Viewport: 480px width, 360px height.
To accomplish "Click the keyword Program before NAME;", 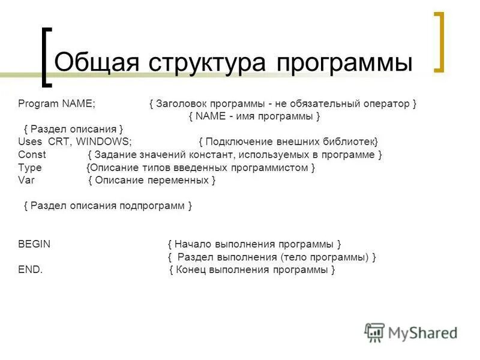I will coord(38,104).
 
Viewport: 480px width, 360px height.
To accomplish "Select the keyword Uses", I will coord(30,142).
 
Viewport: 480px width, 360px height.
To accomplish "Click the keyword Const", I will coord(32,154).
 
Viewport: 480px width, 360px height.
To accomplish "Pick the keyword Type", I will coord(30,167).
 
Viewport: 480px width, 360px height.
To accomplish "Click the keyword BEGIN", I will coord(34,244).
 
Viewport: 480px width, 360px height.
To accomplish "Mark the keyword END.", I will coord(31,270).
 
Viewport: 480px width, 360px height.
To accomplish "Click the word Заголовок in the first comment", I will coord(180,104).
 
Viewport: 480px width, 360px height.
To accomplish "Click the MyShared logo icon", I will coord(374,332).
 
